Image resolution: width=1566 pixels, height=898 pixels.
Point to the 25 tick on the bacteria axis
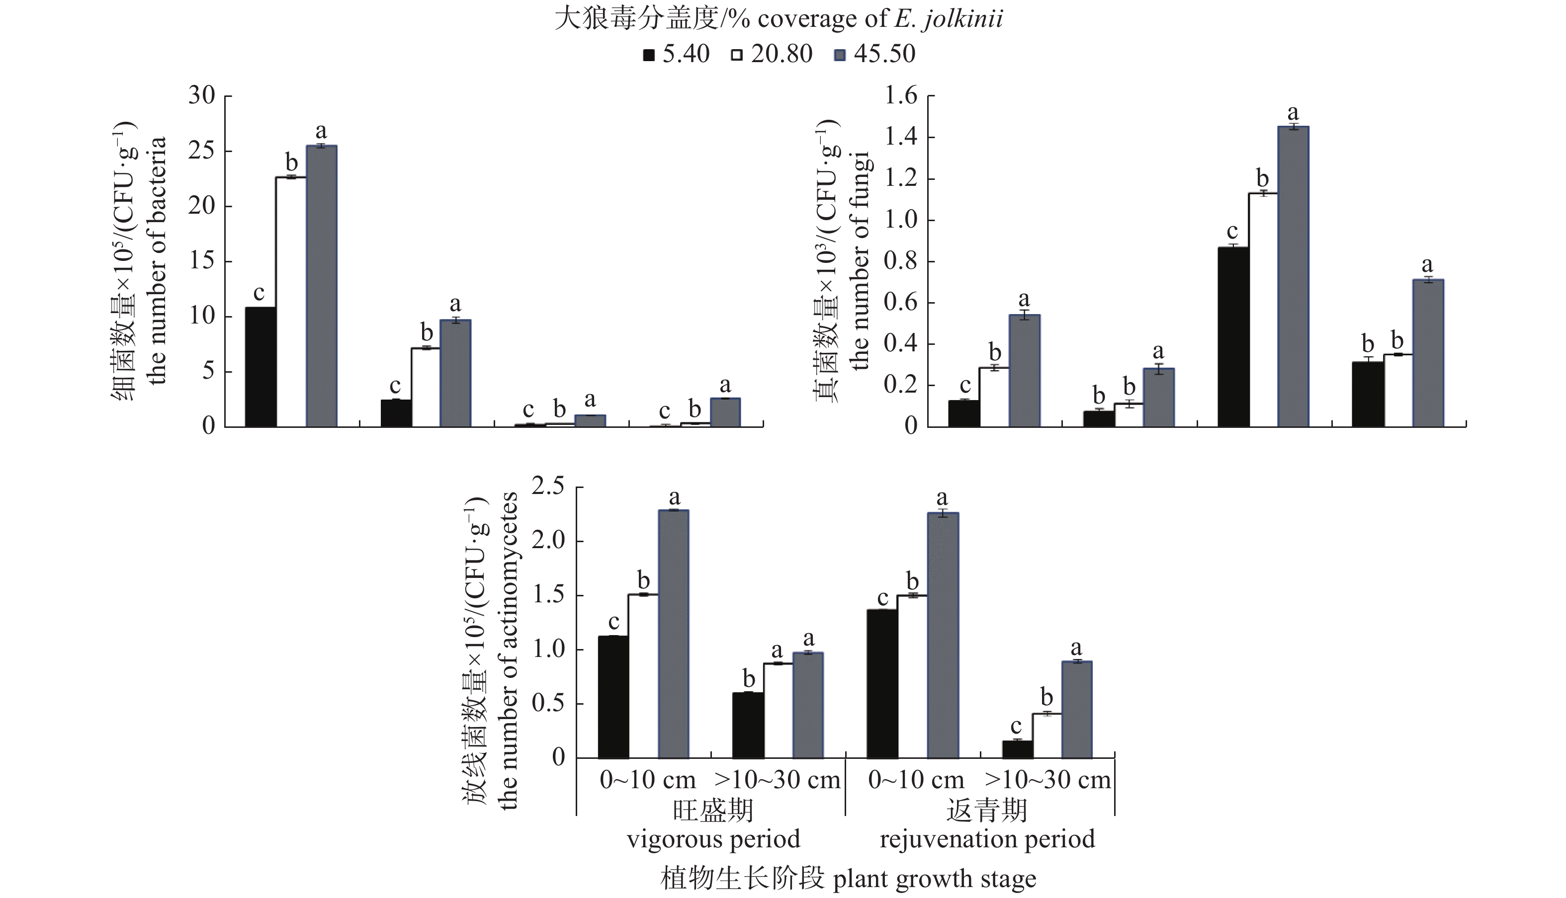click(x=202, y=151)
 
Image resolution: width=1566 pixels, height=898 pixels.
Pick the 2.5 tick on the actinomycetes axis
click(x=549, y=487)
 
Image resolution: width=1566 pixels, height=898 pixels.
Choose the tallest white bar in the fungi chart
click(x=1263, y=310)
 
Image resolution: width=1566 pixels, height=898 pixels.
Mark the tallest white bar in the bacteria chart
click(x=290, y=302)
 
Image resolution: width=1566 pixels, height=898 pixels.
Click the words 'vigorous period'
click(x=713, y=839)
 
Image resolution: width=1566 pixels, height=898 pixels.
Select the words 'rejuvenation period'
click(x=987, y=839)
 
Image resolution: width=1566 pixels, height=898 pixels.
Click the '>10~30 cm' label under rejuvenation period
click(x=1048, y=780)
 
